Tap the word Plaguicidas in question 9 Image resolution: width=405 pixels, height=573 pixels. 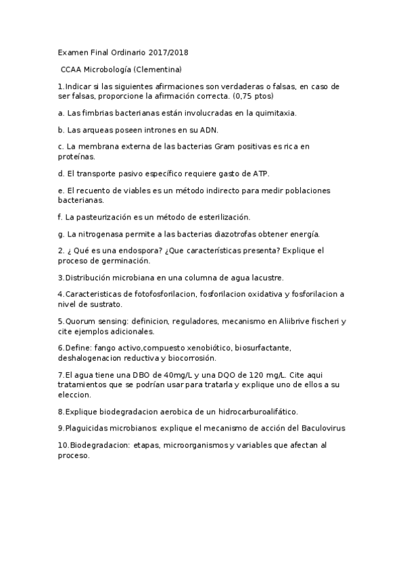tap(86, 428)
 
